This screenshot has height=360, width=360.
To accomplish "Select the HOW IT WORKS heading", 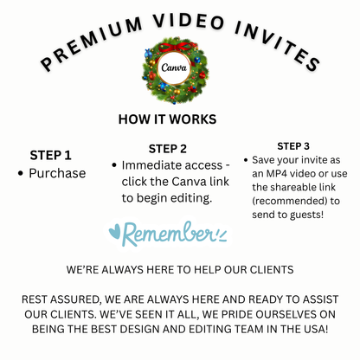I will click(179, 119).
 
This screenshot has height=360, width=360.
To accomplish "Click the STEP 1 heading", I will click(51, 155).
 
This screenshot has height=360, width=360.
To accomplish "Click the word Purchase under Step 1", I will click(57, 173).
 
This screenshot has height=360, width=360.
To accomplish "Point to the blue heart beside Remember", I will click(116, 233).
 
